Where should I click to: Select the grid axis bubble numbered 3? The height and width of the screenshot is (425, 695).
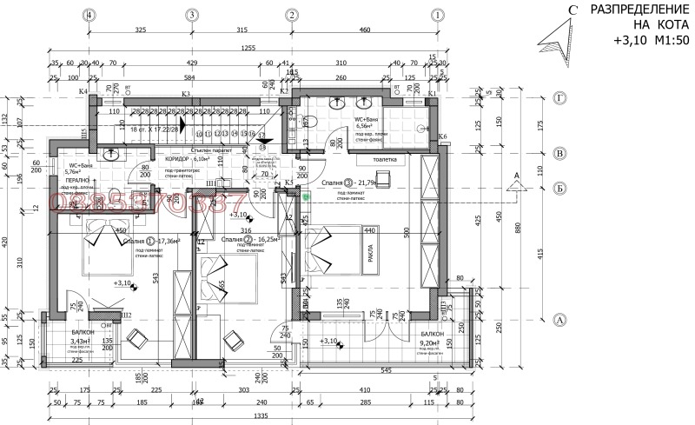[191, 15]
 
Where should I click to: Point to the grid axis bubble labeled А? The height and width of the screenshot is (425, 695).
[560, 319]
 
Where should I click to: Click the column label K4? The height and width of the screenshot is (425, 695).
[83, 91]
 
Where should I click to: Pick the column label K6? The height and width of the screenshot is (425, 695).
[442, 136]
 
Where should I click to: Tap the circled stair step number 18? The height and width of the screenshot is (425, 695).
[263, 147]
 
